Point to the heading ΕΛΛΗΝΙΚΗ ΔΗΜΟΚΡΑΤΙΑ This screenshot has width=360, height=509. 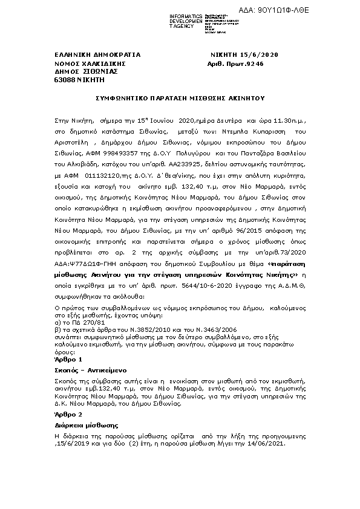pos(97,54)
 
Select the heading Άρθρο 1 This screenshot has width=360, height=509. pos(68,359)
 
